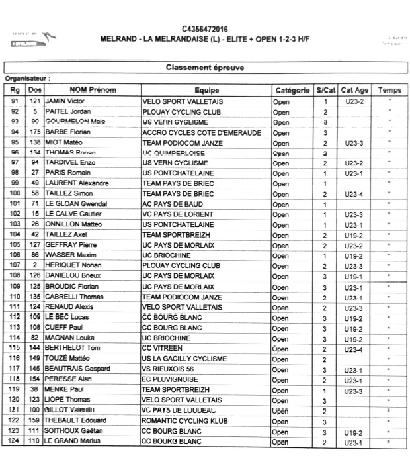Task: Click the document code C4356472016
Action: [x=204, y=28]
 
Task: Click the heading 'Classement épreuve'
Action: [x=204, y=68]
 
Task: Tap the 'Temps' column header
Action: [x=389, y=90]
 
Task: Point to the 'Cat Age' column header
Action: [x=355, y=90]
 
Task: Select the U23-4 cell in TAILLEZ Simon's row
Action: [x=356, y=193]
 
